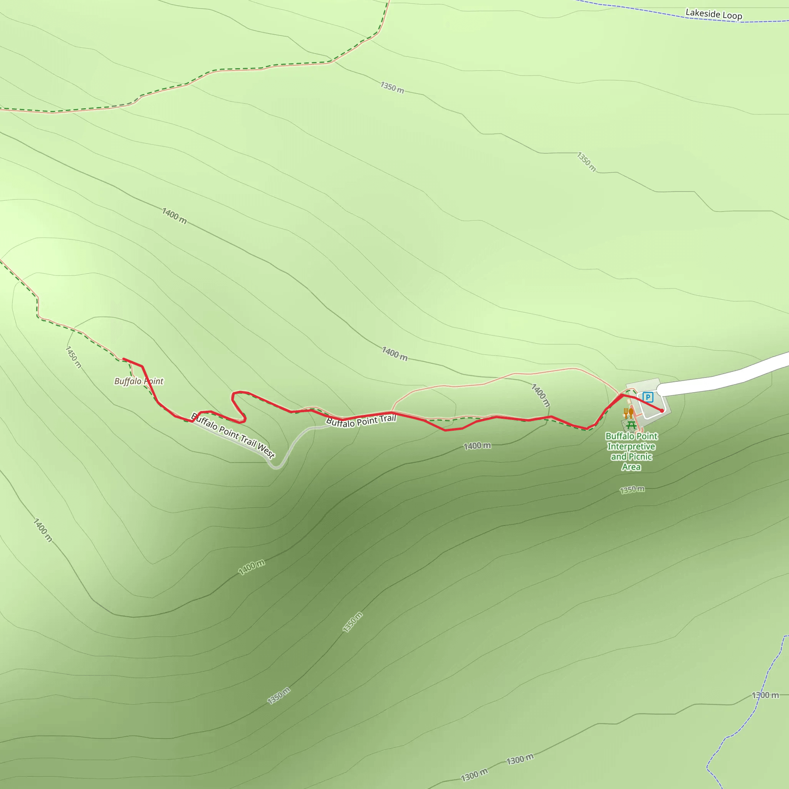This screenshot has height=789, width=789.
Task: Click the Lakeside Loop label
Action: [713, 14]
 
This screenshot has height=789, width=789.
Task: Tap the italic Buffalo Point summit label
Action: [138, 381]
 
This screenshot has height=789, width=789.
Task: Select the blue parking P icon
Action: [648, 396]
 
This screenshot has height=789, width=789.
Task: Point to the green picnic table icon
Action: [631, 426]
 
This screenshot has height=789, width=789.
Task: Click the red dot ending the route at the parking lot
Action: [662, 411]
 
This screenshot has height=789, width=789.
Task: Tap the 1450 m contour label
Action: [74, 357]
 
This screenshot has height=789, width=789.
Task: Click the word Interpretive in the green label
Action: [631, 447]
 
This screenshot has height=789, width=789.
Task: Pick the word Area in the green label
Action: [631, 467]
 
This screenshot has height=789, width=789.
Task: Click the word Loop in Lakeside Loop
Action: [732, 15]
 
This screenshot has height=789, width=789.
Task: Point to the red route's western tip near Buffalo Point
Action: [124, 359]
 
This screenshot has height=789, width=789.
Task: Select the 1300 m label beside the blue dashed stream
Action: [765, 695]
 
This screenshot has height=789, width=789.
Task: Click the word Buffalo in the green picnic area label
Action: [619, 436]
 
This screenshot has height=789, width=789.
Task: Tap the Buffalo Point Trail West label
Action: [233, 435]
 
